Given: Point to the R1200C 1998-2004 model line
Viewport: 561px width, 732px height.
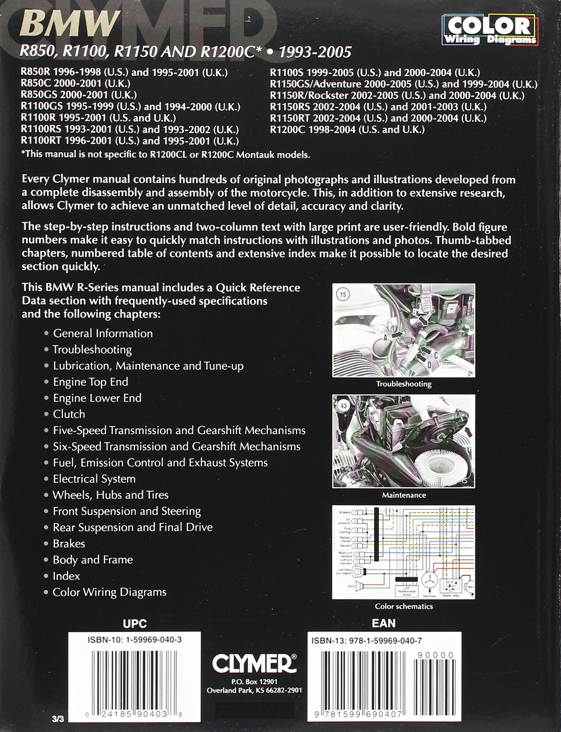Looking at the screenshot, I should tap(347, 129).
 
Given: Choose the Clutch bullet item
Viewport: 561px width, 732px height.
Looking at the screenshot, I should tap(69, 414).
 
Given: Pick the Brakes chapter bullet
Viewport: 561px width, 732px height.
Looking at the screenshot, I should tap(69, 543).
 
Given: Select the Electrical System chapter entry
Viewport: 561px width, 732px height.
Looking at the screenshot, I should tap(94, 479).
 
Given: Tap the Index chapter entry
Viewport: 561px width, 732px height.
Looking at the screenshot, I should tap(66, 576).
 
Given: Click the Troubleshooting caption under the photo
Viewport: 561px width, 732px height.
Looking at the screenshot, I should tap(403, 384).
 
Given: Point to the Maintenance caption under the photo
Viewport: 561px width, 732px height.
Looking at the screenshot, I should tap(403, 495).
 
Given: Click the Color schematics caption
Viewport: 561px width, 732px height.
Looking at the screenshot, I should tap(403, 606).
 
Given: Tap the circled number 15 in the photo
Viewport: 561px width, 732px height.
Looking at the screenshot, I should tap(343, 294).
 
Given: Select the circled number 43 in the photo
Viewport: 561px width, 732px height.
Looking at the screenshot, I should tap(343, 406).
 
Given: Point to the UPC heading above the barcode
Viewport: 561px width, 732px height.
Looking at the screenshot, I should tap(134, 623).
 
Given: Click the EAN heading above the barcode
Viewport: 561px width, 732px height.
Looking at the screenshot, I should tap(384, 623).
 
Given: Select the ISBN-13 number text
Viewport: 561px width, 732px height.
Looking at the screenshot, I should tap(366, 641).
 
